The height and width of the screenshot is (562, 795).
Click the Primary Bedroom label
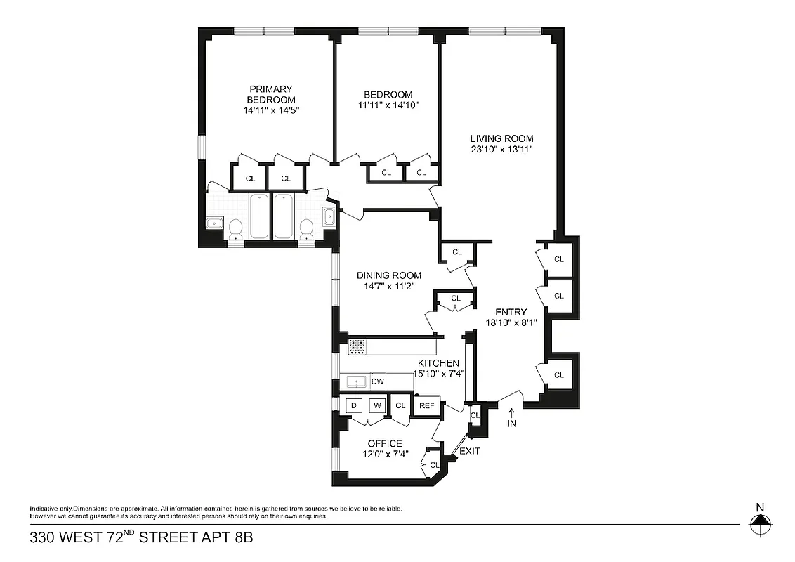click(270, 94)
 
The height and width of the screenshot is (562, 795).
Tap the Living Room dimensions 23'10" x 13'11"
click(501, 149)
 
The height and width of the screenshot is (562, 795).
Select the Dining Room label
click(388, 275)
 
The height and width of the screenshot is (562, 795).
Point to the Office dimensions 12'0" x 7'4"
click(385, 454)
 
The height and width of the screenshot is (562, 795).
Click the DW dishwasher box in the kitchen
click(377, 381)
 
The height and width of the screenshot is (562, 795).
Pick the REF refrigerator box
click(426, 406)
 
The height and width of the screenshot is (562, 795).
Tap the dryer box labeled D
click(354, 405)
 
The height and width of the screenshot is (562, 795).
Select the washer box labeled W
click(376, 405)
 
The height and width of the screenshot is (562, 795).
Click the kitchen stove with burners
click(357, 346)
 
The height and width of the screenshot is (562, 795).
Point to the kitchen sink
click(357, 382)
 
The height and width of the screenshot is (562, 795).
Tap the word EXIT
click(469, 451)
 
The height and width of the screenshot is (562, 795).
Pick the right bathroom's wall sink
click(329, 216)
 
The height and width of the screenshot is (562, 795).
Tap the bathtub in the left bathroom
click(258, 216)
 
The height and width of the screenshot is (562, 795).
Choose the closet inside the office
click(433, 465)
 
